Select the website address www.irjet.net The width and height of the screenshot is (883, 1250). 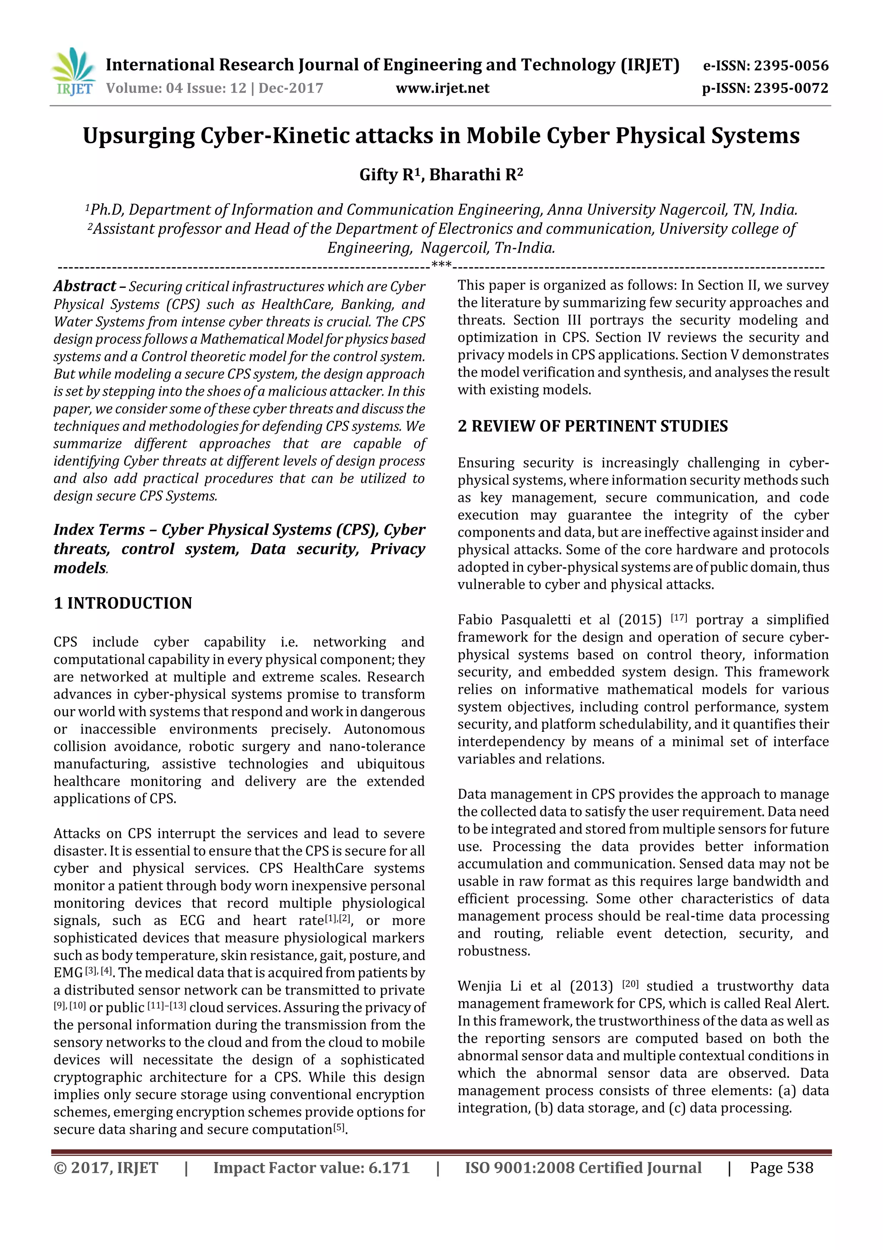[x=442, y=88]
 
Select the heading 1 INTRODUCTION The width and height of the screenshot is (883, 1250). [x=123, y=603]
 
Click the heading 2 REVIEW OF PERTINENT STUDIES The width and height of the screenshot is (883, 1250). [x=592, y=426]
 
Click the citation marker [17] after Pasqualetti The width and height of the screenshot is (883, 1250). [x=679, y=617]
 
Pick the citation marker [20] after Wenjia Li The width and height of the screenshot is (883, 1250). [x=630, y=984]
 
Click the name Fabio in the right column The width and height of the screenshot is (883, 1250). [x=475, y=620]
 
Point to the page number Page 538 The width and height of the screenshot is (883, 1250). [x=781, y=1168]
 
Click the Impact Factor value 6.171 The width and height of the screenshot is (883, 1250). [x=388, y=1168]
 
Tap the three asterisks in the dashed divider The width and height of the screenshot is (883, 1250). [x=441, y=265]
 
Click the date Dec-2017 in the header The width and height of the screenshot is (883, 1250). [x=291, y=88]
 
